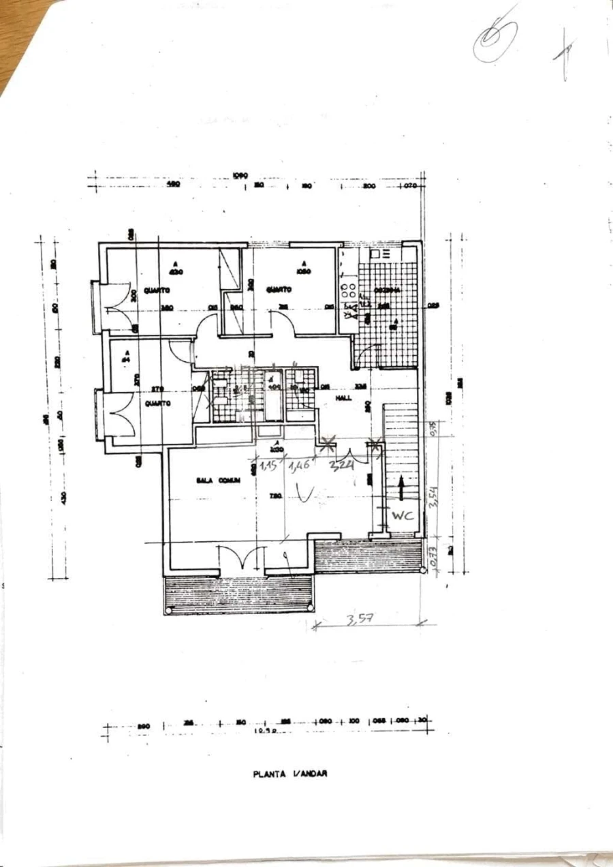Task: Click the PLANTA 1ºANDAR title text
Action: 290,774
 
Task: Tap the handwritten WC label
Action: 403,516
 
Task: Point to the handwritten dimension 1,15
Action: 268,467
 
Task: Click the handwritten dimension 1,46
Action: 299,467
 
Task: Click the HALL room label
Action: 344,398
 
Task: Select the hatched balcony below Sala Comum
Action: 238,594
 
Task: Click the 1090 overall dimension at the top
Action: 239,175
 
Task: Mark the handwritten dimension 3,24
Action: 341,467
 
